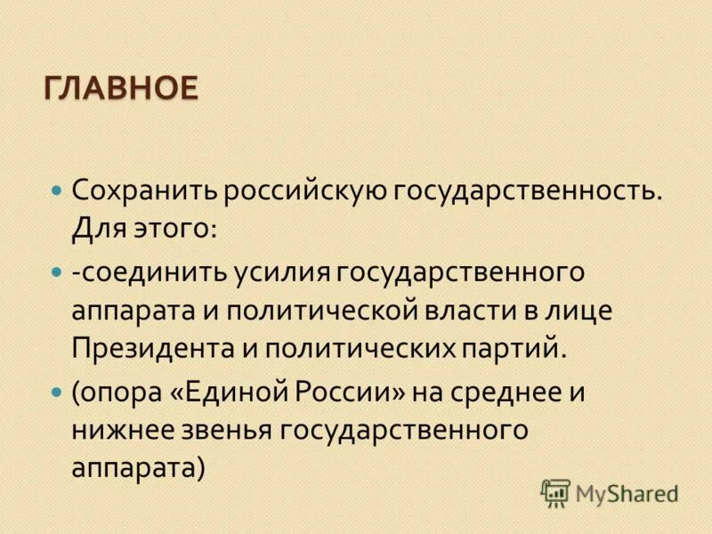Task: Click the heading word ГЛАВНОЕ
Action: pos(120,89)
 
